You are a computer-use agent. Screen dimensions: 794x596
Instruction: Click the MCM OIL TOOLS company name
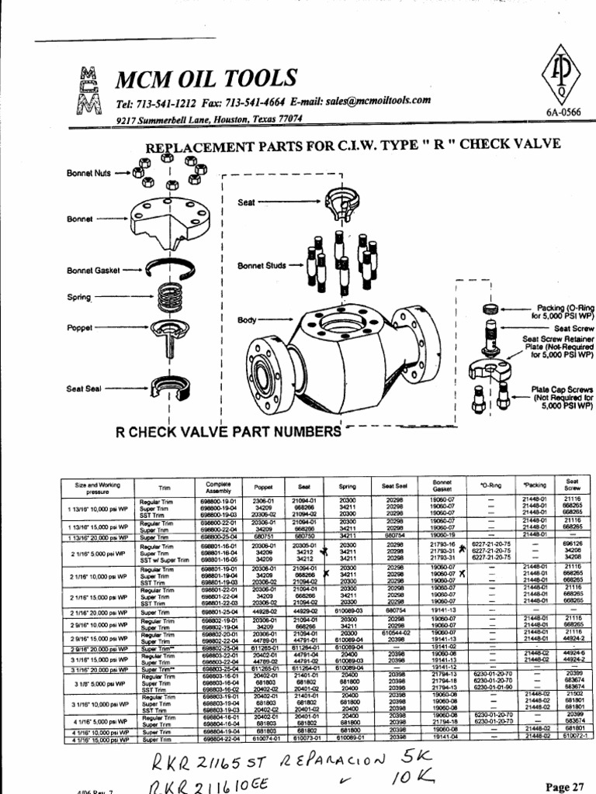pyautogui.click(x=206, y=78)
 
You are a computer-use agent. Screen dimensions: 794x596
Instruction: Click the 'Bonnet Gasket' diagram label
pyautogui.click(x=92, y=270)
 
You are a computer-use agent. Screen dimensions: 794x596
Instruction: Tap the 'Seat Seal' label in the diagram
pyautogui.click(x=83, y=388)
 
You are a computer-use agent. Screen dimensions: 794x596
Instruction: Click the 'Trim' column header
pyautogui.click(x=165, y=488)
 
